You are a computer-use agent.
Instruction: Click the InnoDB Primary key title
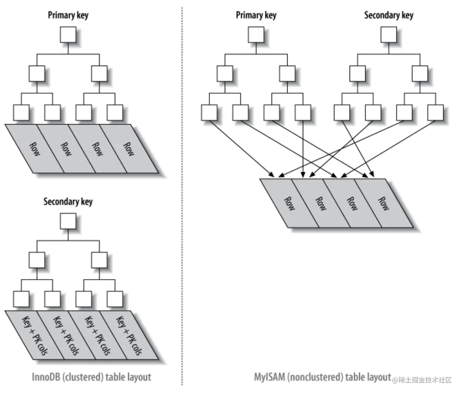pyautogui.click(x=68, y=15)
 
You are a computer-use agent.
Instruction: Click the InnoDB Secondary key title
pyautogui.click(x=68, y=202)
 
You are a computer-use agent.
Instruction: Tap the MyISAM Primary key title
pyautogui.click(x=256, y=15)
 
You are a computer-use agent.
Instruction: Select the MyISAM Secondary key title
pyautogui.click(x=389, y=15)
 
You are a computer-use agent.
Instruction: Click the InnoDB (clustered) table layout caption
pyautogui.click(x=91, y=377)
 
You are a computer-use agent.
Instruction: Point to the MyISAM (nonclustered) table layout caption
pyautogui.click(x=323, y=377)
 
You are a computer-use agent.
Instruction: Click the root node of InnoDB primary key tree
pyautogui.click(x=68, y=35)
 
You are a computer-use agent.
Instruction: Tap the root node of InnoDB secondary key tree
pyautogui.click(x=68, y=221)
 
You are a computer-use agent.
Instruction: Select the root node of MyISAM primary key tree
pyautogui.click(x=256, y=35)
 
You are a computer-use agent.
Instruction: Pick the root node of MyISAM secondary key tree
pyautogui.click(x=389, y=35)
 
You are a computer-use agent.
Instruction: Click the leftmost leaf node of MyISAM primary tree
pyautogui.click(x=209, y=113)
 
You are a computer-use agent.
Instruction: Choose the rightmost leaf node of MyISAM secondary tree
pyautogui.click(x=436, y=113)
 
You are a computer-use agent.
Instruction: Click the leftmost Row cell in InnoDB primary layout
pyautogui.click(x=35, y=149)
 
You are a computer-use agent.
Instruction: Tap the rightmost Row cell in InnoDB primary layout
pyautogui.click(x=129, y=149)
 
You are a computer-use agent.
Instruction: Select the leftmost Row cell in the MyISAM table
pyautogui.click(x=289, y=203)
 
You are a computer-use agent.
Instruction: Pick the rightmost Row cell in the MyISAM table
pyautogui.click(x=384, y=203)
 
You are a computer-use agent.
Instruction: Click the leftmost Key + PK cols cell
pyautogui.click(x=35, y=335)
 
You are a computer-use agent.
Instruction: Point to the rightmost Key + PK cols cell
pyautogui.click(x=129, y=335)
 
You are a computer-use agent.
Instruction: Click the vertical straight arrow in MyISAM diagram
pyautogui.click(x=303, y=149)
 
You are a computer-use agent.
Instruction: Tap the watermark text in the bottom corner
pyautogui.click(x=422, y=380)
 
